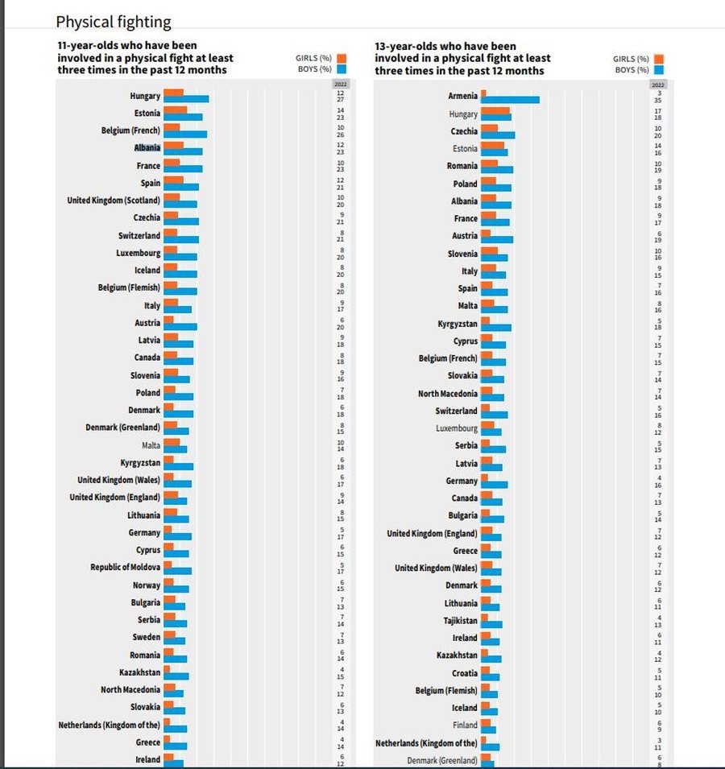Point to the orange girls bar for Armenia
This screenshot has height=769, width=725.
[x=483, y=93]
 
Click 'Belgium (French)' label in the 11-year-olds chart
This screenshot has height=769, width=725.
[x=130, y=130]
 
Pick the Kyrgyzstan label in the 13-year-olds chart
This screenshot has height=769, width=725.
[x=458, y=324]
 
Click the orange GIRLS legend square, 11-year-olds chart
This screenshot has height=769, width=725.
[x=342, y=58]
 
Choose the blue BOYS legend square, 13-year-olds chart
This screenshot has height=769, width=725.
[x=658, y=70]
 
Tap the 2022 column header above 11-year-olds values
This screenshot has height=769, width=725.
[x=341, y=84]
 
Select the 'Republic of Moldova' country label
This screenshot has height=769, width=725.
[x=125, y=568]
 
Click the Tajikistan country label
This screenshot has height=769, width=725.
[x=460, y=621]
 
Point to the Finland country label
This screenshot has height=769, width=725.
[x=465, y=725]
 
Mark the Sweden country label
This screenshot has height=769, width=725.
[x=147, y=637]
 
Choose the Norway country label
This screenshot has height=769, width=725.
[x=147, y=585]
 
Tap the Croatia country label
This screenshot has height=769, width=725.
[x=464, y=673]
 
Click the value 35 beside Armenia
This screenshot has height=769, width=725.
[x=658, y=101]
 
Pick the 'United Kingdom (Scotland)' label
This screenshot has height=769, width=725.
[x=114, y=200]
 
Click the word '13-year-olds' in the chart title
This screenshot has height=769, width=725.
[x=405, y=46]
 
